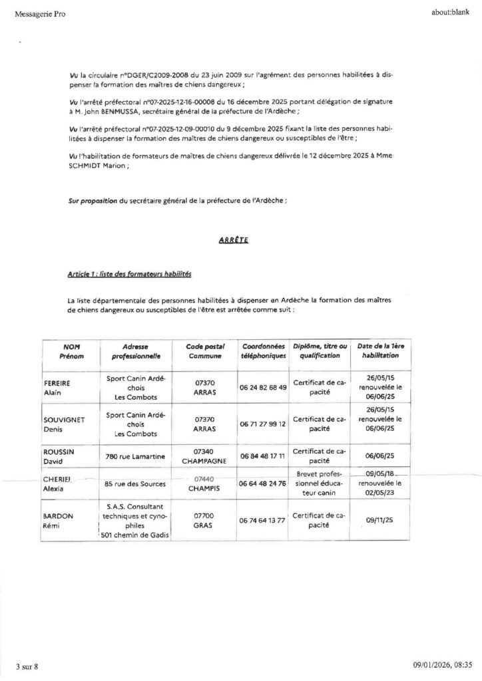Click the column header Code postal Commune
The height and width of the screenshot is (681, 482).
(204, 351)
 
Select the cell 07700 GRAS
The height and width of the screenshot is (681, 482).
(204, 520)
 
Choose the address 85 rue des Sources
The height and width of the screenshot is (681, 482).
(135, 483)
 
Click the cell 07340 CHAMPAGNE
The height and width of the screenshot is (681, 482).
(204, 456)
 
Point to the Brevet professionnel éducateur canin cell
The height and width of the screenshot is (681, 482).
(321, 483)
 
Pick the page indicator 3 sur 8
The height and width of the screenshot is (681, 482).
(28, 666)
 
